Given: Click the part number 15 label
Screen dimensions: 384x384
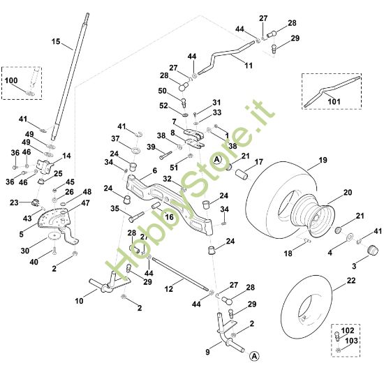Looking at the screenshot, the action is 56,41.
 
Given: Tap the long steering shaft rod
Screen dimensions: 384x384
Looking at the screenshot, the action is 71,76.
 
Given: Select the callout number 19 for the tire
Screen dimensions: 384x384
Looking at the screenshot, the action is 323,160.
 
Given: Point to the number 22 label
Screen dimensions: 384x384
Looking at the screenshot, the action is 351,280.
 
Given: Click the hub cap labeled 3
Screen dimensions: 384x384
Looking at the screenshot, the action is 373,250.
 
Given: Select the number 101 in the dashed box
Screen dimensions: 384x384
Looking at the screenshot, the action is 334,101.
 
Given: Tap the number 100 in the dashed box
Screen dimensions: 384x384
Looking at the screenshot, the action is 11,80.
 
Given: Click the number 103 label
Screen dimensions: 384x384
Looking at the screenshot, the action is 351,341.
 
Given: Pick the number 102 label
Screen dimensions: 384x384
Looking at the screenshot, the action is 348,330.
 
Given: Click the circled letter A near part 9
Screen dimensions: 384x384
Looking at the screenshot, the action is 254,356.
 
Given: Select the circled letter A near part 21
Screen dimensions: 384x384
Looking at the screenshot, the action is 217,160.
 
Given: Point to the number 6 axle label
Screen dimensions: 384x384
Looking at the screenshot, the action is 154,170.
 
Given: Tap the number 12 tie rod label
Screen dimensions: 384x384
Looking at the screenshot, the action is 169,289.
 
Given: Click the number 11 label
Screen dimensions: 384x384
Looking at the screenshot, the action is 249,66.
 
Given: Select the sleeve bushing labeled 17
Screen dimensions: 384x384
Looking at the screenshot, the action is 242,174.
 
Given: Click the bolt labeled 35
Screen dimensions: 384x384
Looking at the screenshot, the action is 136,216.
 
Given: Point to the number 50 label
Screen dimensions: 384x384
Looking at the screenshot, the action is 163,91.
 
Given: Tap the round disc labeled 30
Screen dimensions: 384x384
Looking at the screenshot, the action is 54,235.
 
